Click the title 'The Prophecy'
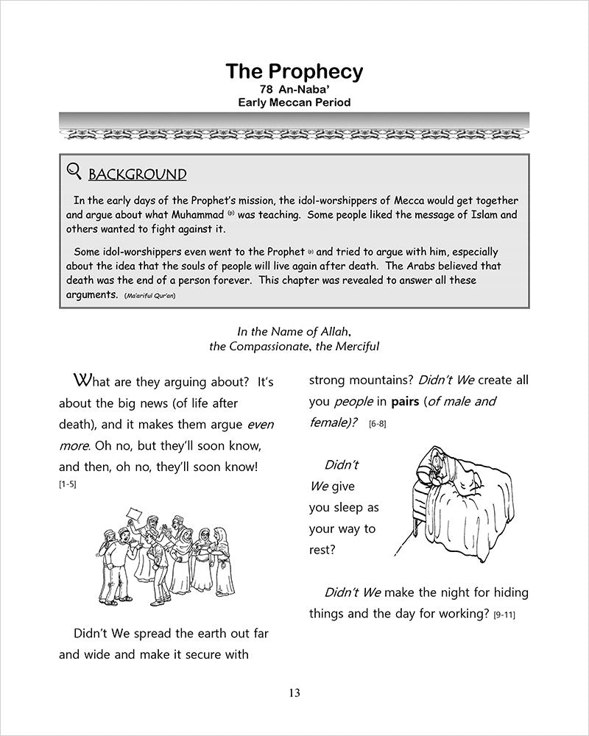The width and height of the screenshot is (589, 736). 294,71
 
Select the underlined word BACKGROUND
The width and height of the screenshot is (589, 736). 137,174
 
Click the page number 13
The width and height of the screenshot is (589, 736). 294,693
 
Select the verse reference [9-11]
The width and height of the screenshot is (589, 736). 504,614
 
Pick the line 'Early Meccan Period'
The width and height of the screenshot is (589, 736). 294,103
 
